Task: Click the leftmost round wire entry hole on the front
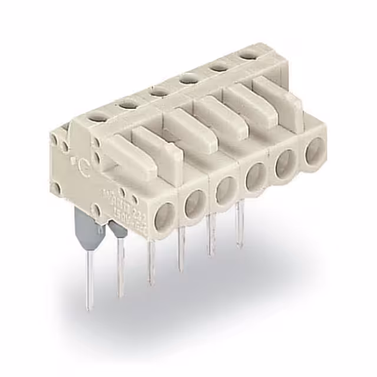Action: (x=164, y=216)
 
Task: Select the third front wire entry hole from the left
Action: (x=224, y=190)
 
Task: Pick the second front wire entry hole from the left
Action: (x=194, y=203)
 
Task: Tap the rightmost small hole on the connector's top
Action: (x=248, y=55)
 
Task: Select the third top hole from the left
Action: (x=158, y=91)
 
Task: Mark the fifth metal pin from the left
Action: (x=210, y=239)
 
